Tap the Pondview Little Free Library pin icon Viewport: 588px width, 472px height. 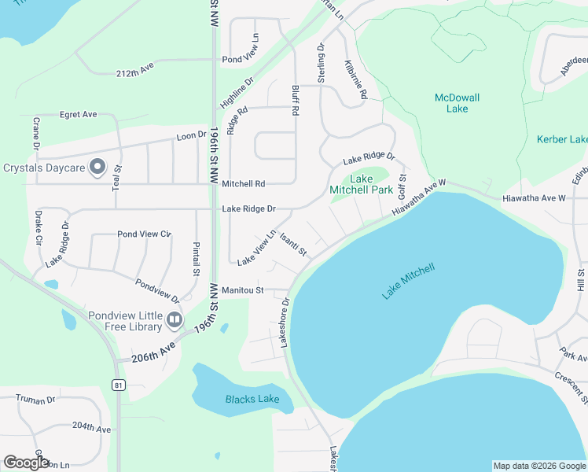pyautogui.click(x=175, y=320)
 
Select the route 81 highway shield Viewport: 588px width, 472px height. pyautogui.click(x=118, y=385)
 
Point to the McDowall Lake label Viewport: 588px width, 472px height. pyautogui.click(x=457, y=103)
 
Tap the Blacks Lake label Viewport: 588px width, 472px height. pyautogui.click(x=252, y=399)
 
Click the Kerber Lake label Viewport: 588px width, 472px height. pyautogui.click(x=561, y=139)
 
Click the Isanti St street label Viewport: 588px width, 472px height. pyautogui.click(x=292, y=245)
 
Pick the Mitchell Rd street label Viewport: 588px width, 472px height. pyautogui.click(x=243, y=183)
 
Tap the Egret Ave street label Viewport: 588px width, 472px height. pyautogui.click(x=78, y=114)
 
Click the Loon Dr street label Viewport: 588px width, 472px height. pyautogui.click(x=191, y=135)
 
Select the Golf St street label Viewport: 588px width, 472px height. pyautogui.click(x=401, y=186)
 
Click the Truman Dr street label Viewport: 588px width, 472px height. pyautogui.click(x=35, y=400)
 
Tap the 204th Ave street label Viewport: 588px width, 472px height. pyautogui.click(x=91, y=428)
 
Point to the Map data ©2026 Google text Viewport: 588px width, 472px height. pyautogui.click(x=538, y=466)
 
